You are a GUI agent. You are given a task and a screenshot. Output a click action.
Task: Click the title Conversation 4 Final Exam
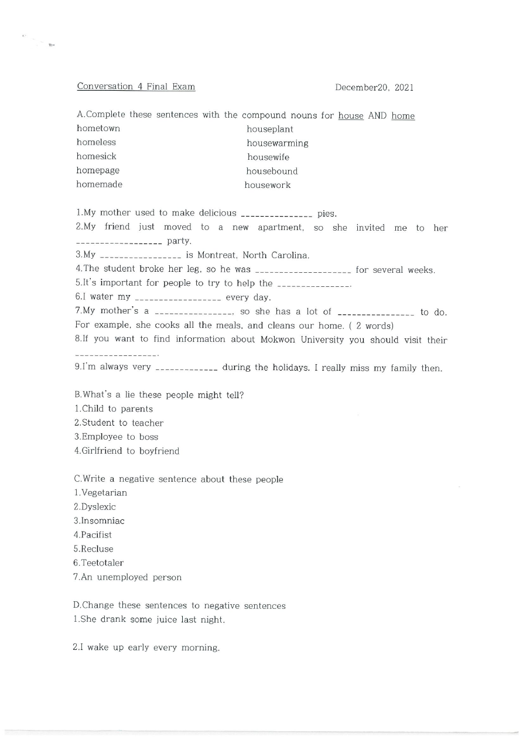[x=136, y=87]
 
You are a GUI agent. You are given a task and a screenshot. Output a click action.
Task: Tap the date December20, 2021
[x=374, y=87]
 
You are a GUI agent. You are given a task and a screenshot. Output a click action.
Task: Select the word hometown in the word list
[x=98, y=128]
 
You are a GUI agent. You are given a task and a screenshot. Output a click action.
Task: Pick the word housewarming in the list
[x=277, y=143]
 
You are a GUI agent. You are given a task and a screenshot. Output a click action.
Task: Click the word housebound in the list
[x=272, y=171]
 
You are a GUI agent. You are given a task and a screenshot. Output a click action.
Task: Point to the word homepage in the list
[x=98, y=170]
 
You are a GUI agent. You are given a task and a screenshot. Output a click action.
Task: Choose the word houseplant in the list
[x=270, y=129]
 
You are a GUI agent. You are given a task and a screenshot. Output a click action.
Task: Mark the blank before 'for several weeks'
[x=303, y=271]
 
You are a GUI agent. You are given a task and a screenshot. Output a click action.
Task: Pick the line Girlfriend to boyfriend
[x=127, y=451]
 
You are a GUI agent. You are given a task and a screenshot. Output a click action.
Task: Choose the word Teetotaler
[x=102, y=563]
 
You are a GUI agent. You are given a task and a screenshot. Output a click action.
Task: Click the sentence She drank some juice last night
[x=149, y=620]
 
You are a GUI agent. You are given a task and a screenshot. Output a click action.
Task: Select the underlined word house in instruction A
[x=351, y=116]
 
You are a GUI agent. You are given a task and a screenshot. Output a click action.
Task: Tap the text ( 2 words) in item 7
[x=371, y=326]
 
